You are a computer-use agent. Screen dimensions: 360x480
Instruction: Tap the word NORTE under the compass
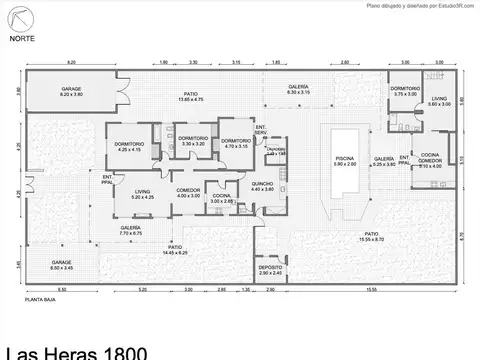pos(20,39)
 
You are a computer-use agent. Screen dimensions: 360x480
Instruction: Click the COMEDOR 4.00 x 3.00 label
pos(188,193)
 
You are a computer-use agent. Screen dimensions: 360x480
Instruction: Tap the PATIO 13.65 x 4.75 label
pos(190,98)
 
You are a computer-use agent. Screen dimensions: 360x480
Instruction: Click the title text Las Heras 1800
pos(76,351)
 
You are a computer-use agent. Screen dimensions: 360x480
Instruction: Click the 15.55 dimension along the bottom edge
pos(371,290)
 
